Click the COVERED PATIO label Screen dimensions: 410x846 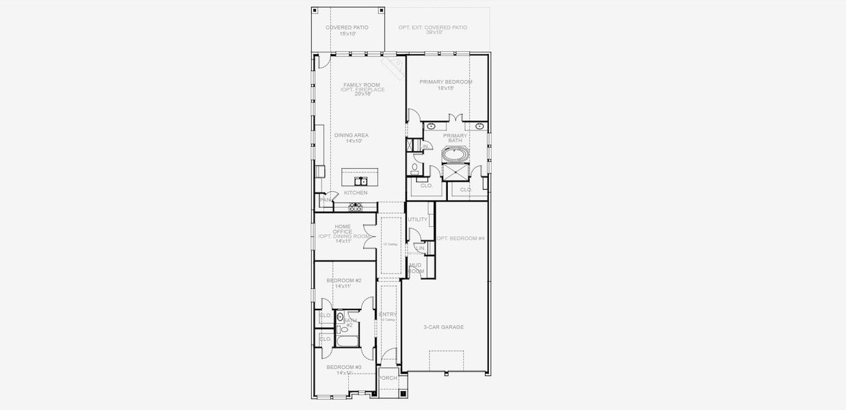[347, 27]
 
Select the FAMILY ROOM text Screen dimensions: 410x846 [361, 85]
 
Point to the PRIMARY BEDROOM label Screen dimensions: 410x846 [446, 82]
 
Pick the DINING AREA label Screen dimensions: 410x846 [352, 135]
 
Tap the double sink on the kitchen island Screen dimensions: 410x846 [360, 181]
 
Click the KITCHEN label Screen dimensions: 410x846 [356, 193]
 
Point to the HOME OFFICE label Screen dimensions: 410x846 [343, 229]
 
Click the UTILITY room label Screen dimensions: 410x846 [417, 219]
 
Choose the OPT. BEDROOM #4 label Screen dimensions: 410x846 [460, 238]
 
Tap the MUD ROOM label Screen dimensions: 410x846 [416, 268]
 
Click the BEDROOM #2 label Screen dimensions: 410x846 [344, 280]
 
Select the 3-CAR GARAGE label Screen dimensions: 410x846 [443, 327]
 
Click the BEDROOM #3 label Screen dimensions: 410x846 [343, 367]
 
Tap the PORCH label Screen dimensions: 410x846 [388, 378]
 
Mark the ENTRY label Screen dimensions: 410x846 [388, 314]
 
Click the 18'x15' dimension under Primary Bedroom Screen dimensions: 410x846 [446, 88]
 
